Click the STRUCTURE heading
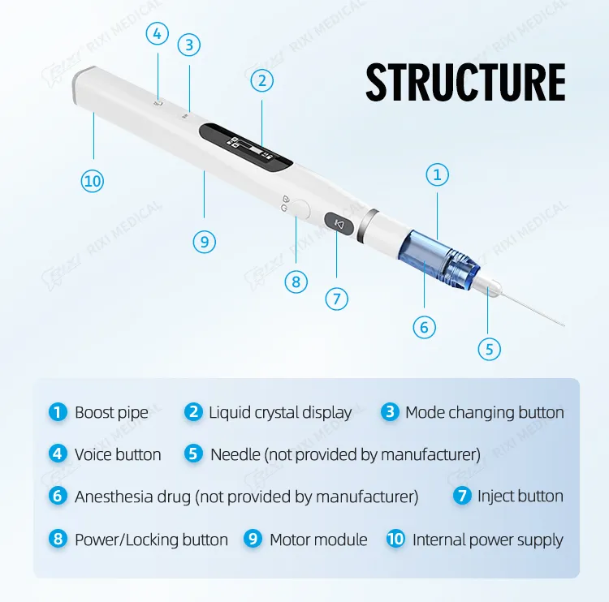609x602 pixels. coord(465,82)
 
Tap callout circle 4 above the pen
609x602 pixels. coord(158,33)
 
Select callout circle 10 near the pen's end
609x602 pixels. coord(93,180)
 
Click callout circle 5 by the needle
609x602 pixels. coord(489,349)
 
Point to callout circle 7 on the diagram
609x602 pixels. coord(337,298)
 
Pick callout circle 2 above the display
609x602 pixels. coord(261,80)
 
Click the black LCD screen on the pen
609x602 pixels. coord(245,146)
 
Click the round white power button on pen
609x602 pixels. coord(300,209)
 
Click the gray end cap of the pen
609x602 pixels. coord(82,84)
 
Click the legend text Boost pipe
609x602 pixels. coord(111,412)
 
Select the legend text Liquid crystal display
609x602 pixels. coord(279,412)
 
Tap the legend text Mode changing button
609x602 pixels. coord(484,412)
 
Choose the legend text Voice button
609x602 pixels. coord(118,454)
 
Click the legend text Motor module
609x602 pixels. coord(318,540)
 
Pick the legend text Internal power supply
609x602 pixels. coord(487,540)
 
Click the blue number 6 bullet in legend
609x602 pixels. coord(58,496)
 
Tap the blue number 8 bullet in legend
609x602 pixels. coord(58,540)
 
